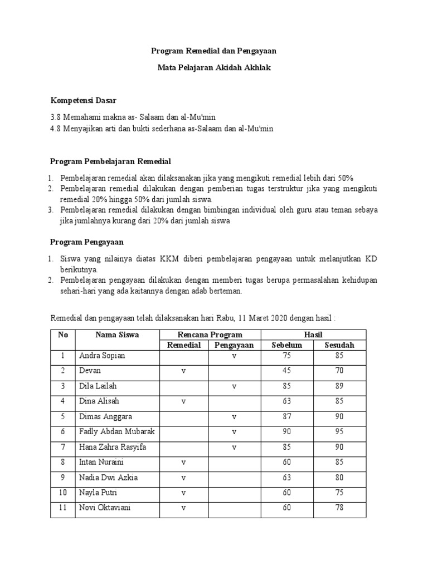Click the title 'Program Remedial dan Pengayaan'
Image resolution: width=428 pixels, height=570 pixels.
[x=214, y=51]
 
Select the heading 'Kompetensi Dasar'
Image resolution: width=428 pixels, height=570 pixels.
[x=84, y=100]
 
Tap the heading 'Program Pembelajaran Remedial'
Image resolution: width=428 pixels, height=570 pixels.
[x=110, y=161]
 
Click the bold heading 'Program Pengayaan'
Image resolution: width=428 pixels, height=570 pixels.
[x=86, y=242]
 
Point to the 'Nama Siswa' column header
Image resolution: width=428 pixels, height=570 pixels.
[x=117, y=335]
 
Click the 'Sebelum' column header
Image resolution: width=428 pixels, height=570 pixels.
[x=286, y=345]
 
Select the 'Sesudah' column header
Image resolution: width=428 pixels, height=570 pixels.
[x=339, y=345]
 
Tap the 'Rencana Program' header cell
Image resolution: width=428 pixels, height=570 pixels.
[x=210, y=335]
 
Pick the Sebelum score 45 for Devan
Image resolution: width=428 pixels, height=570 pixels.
[x=286, y=370]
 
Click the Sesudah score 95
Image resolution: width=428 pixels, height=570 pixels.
[x=339, y=431]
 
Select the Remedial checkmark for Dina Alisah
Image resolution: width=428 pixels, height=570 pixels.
[x=183, y=401]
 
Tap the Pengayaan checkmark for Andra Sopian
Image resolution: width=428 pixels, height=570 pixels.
[x=234, y=355]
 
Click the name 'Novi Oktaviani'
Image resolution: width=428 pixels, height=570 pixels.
[x=106, y=508]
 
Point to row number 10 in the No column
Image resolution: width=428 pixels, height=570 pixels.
[x=62, y=493]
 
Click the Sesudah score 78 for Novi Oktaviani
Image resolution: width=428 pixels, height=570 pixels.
[x=339, y=508]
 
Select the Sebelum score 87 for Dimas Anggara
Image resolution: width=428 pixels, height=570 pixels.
[x=286, y=416]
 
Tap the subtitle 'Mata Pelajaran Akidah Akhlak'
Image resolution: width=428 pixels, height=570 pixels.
[x=214, y=67]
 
